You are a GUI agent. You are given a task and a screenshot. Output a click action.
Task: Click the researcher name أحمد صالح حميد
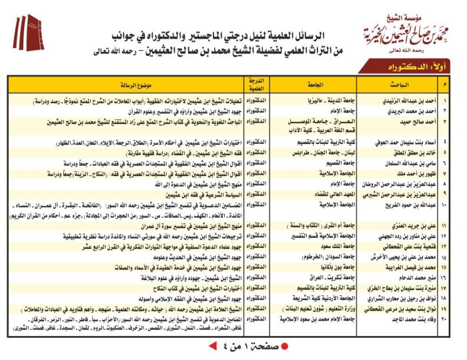[416, 122]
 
